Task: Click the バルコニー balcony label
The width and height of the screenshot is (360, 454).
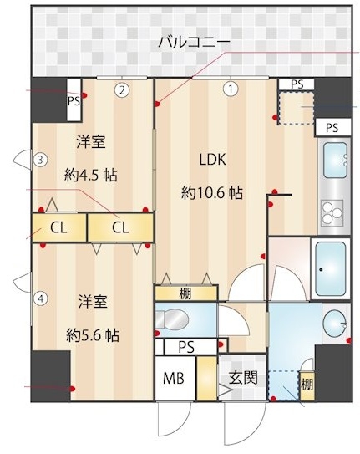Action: (x=194, y=43)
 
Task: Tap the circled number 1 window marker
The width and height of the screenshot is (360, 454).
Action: (x=231, y=89)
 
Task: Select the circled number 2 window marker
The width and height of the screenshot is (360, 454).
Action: (x=122, y=90)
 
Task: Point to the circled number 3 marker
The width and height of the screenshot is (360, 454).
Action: (x=41, y=160)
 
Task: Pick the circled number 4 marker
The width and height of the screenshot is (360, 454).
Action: (x=41, y=298)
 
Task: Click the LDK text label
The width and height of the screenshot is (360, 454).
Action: (x=213, y=160)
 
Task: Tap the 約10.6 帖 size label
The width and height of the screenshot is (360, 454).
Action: (x=212, y=193)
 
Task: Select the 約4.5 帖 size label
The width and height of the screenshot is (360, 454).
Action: (x=91, y=176)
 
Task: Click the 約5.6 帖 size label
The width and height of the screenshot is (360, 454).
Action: (x=93, y=335)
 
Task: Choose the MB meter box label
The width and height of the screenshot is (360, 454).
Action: (x=174, y=378)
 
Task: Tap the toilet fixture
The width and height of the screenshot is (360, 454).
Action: (x=172, y=319)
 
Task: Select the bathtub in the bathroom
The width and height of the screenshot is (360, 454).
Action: (x=331, y=268)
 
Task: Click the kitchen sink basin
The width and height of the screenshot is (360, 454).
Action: (x=335, y=161)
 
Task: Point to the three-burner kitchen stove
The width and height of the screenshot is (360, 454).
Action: (x=332, y=212)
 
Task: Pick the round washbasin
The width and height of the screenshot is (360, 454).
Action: (x=334, y=324)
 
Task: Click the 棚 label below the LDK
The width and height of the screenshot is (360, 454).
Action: (x=185, y=294)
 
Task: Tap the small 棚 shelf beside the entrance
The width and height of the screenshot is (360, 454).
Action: (x=307, y=385)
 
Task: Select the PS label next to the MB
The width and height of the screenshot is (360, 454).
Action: (x=186, y=347)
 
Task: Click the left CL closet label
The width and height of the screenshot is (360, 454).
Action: (x=58, y=228)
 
